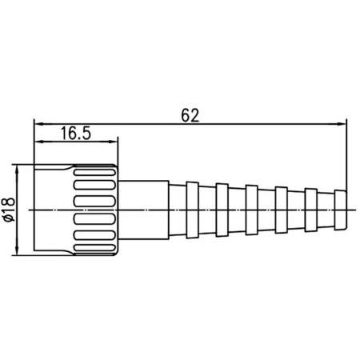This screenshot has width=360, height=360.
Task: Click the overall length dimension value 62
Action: click(x=189, y=114)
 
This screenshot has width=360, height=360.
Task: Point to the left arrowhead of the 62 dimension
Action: click(x=38, y=122)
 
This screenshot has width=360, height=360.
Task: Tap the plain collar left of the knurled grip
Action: click(x=54, y=210)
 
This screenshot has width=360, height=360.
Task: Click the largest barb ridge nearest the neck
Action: click(x=193, y=210)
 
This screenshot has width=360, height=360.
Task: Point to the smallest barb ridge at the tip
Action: click(x=341, y=210)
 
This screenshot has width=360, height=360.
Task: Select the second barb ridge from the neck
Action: click(x=222, y=210)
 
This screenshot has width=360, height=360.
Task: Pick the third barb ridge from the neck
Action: click(x=252, y=210)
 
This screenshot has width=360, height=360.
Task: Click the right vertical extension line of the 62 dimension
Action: click(x=346, y=160)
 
